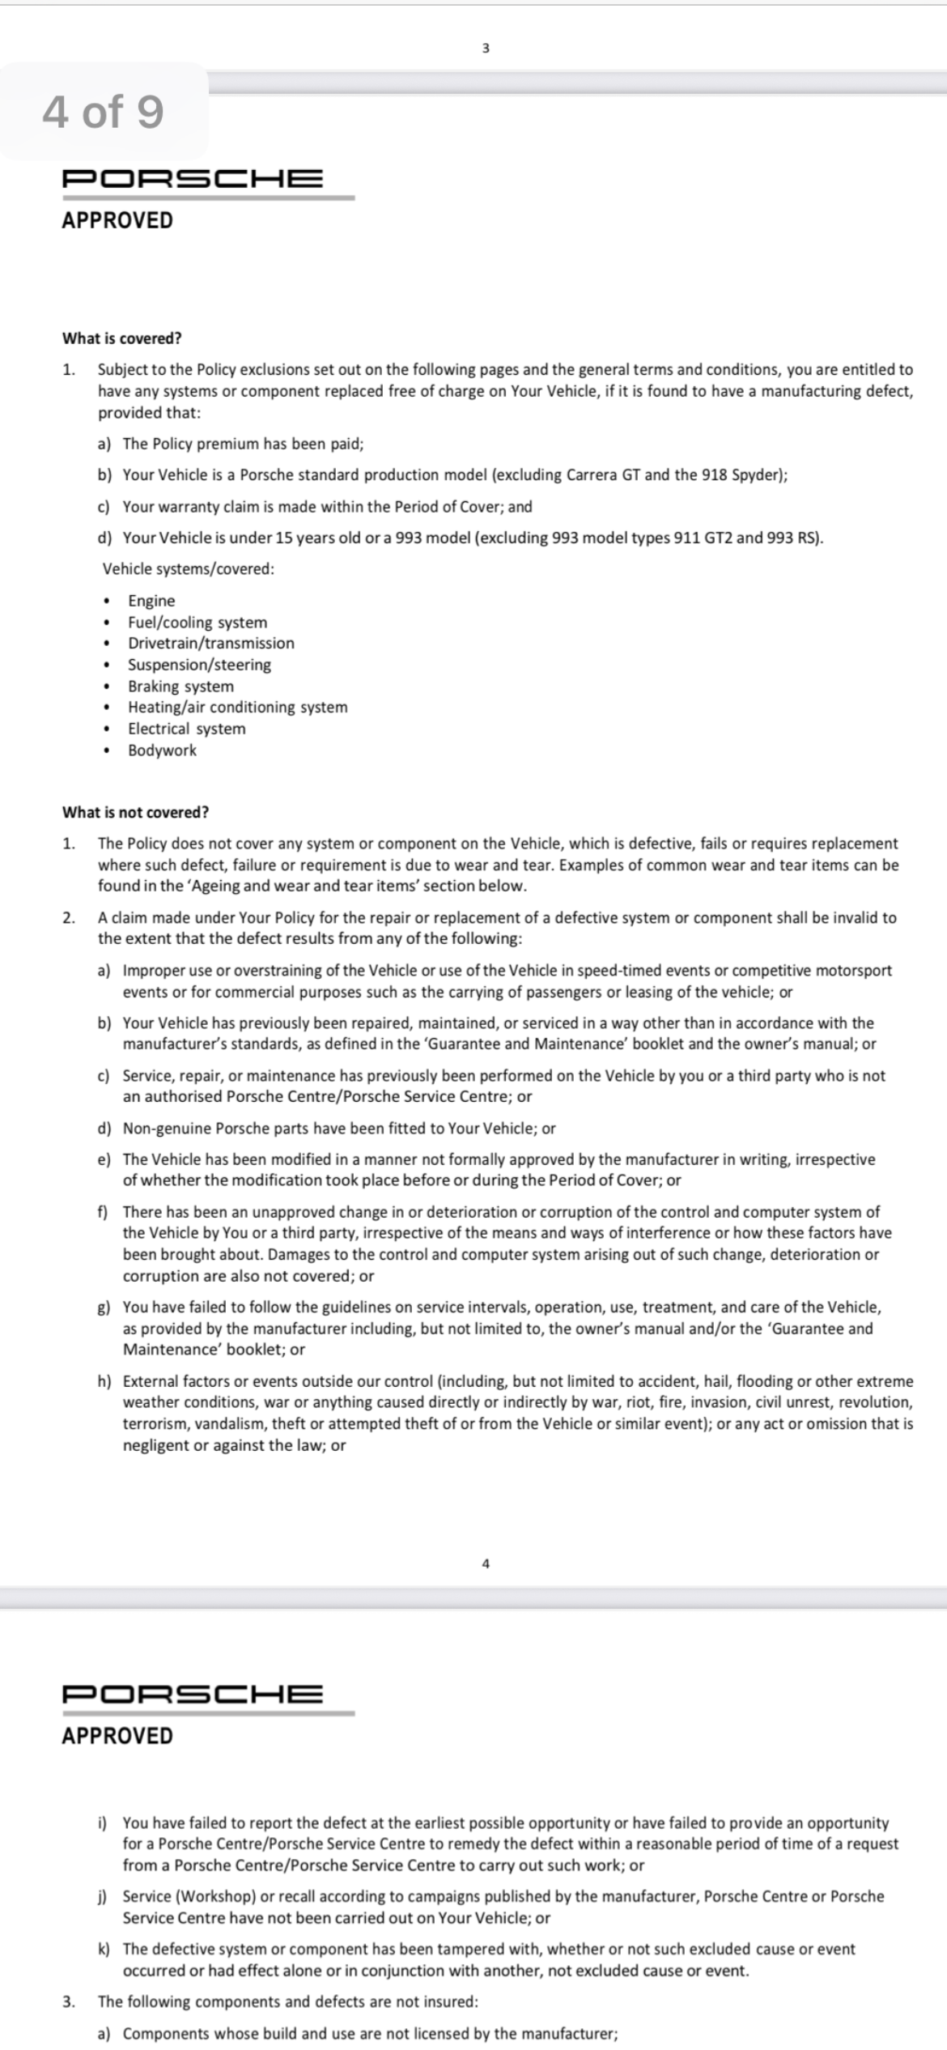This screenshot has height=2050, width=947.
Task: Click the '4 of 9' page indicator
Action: point(103,111)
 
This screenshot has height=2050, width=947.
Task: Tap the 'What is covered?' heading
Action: point(121,338)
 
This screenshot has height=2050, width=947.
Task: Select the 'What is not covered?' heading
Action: point(135,812)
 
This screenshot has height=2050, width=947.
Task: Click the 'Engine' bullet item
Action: point(151,601)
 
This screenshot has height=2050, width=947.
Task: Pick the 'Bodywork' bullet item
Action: point(162,751)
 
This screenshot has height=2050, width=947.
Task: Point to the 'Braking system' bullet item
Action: point(180,687)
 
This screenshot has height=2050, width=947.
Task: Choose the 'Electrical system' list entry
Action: point(186,729)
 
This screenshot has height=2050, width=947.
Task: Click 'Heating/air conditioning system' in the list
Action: point(237,708)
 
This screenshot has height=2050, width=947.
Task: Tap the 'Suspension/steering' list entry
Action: point(199,665)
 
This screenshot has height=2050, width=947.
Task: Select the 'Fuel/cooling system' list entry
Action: point(197,623)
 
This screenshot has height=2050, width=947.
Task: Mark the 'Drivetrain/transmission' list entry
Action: point(211,644)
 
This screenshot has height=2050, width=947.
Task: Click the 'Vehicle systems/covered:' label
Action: point(188,569)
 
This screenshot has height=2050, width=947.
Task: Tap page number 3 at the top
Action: point(486,49)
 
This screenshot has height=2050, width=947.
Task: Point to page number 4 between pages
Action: point(486,1564)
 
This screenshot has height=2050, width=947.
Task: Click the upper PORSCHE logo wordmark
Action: point(193,178)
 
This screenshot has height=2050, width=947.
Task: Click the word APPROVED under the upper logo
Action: point(117,220)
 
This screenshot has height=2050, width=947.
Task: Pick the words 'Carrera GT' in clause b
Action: point(603,475)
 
